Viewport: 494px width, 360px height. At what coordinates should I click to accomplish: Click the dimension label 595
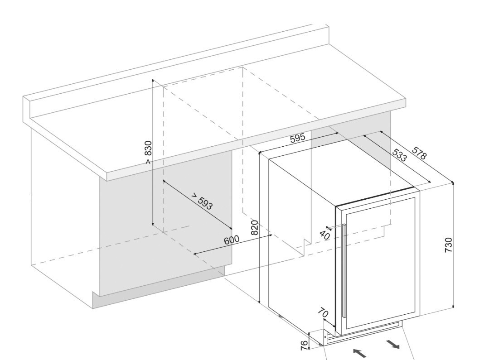tap(298, 138)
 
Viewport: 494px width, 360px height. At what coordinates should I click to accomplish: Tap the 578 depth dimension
tap(419, 154)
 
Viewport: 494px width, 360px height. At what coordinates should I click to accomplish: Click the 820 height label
tap(255, 227)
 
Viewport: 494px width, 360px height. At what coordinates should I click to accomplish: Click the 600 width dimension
tap(231, 240)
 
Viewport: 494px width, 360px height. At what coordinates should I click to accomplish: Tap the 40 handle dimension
tap(324, 235)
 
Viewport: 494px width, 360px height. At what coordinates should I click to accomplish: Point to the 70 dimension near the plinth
tap(323, 312)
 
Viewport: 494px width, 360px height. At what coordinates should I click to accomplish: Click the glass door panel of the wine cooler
tap(381, 263)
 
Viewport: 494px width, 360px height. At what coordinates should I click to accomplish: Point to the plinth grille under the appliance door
tap(367, 332)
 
